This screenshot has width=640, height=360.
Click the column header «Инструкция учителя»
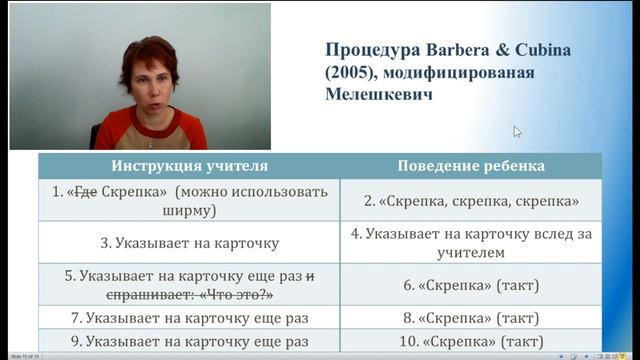point(189,165)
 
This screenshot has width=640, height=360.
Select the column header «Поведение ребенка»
point(471,165)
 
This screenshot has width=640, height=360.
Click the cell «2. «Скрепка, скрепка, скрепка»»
point(471,201)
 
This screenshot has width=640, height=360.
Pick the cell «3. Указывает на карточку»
point(189,242)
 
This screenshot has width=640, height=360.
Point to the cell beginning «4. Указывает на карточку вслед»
point(471,243)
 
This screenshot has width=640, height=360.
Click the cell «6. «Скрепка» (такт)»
point(471,285)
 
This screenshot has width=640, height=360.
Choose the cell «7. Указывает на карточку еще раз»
point(189,318)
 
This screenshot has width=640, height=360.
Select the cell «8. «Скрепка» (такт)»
point(471,318)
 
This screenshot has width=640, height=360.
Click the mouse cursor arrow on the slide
point(517,131)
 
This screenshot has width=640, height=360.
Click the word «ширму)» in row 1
point(189,211)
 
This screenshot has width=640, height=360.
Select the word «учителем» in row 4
point(471,254)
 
